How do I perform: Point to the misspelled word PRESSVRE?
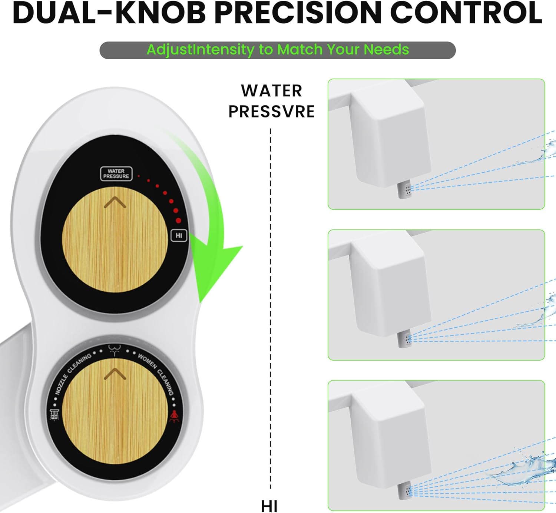coord(271,112)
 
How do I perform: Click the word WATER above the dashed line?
coord(271,91)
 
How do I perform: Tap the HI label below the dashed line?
coord(269,506)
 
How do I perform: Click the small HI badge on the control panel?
coord(179,235)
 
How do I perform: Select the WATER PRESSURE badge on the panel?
coord(116,173)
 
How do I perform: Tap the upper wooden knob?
coord(115,239)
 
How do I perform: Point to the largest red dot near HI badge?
coord(178,221)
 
